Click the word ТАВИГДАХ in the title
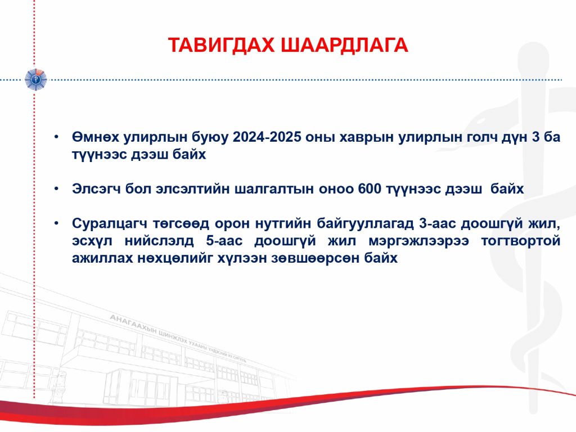pyautogui.click(x=221, y=45)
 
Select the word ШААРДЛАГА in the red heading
pyautogui.click(x=345, y=45)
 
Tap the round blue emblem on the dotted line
pyautogui.click(x=35, y=79)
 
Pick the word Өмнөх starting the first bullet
pyautogui.click(x=96, y=137)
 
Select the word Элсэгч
pyautogui.click(x=96, y=189)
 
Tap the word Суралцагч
pyautogui.click(x=110, y=224)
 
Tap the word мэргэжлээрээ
pyautogui.click(x=418, y=241)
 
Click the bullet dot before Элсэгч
pyautogui.click(x=56, y=189)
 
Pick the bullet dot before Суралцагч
pyautogui.click(x=56, y=223)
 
